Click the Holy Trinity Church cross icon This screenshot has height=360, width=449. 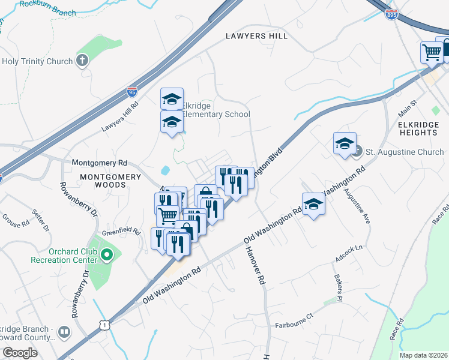[x=82, y=61]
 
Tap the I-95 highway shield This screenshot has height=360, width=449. [x=132, y=92]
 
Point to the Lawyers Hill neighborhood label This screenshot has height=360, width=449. [x=256, y=36]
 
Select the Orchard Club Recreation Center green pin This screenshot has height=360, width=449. [x=107, y=256]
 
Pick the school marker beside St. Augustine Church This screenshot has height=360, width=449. [x=345, y=144]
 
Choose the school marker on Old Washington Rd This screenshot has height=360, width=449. [x=313, y=205]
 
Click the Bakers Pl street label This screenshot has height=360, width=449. [x=339, y=289]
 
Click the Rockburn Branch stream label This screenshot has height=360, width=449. [x=47, y=8]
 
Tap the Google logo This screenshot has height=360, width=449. [x=20, y=353]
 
